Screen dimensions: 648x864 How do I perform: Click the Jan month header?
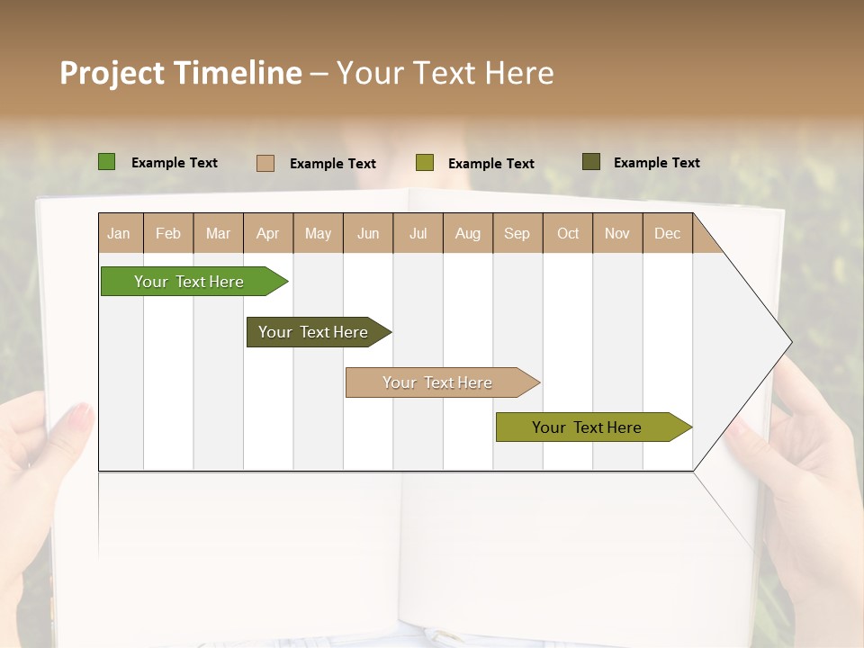119,233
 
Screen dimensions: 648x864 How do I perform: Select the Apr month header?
268,233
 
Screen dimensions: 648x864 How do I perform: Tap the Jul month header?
418,233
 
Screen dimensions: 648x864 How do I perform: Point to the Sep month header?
517,233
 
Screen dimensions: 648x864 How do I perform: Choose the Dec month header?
667,233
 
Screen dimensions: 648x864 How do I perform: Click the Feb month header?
168,233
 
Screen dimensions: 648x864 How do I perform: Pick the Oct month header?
568,233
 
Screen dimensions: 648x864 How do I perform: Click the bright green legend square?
107,162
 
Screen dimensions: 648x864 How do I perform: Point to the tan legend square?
265,163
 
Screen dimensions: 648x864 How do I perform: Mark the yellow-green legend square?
425,163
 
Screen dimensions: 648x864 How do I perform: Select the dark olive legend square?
591,162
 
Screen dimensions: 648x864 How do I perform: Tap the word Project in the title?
112,73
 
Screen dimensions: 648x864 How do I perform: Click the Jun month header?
368,233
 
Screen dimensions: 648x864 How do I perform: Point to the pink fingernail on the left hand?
81,415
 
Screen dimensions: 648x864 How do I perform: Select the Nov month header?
617,233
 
